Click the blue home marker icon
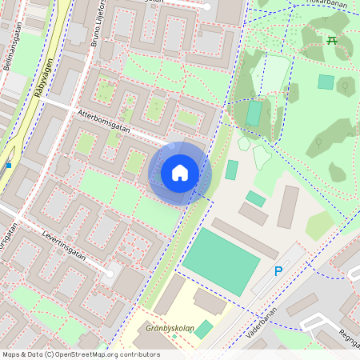(180, 173)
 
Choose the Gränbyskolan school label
(171, 328)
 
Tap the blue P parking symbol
(278, 272)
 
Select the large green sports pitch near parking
(222, 260)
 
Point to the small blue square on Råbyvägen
(9, 165)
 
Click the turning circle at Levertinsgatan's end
(110, 273)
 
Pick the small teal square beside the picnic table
(326, 82)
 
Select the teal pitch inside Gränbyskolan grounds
(204, 329)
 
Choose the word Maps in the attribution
(11, 354)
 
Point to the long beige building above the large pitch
(245, 238)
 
